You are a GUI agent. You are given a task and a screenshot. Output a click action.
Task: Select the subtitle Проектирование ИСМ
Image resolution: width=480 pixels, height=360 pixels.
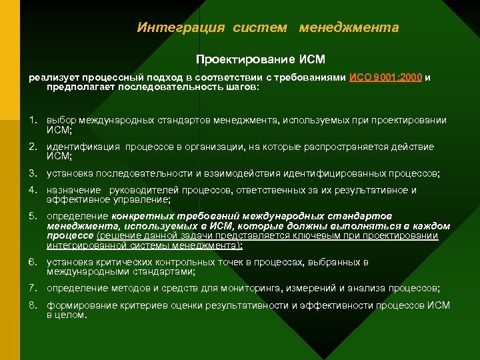pos(260,59)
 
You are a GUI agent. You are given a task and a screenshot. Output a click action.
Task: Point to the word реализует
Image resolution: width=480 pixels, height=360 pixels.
pos(51,77)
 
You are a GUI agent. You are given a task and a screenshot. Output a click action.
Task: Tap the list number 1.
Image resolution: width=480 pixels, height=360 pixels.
pos(32,121)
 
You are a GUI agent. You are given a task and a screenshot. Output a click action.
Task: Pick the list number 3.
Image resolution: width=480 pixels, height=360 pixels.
pos(32,173)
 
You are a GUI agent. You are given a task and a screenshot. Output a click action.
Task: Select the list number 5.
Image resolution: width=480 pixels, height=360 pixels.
pos(32,217)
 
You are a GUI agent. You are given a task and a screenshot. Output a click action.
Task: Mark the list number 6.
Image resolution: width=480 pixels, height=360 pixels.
pos(32,262)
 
